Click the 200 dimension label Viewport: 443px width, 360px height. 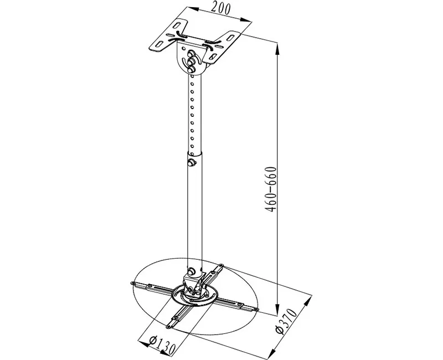click(x=221, y=9)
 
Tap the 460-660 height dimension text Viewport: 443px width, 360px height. click(x=271, y=189)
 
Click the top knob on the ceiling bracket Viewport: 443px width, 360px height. click(x=191, y=53)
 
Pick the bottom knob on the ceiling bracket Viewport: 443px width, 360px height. click(x=191, y=69)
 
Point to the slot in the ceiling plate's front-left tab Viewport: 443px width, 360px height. click(x=159, y=44)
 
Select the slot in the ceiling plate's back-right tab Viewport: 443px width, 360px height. click(x=231, y=37)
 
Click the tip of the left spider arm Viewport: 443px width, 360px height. click(x=131, y=284)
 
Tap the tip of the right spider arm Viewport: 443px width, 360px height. click(x=256, y=310)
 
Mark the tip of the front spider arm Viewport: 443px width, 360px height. click(x=168, y=327)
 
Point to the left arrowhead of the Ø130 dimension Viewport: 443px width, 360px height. click(x=145, y=343)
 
